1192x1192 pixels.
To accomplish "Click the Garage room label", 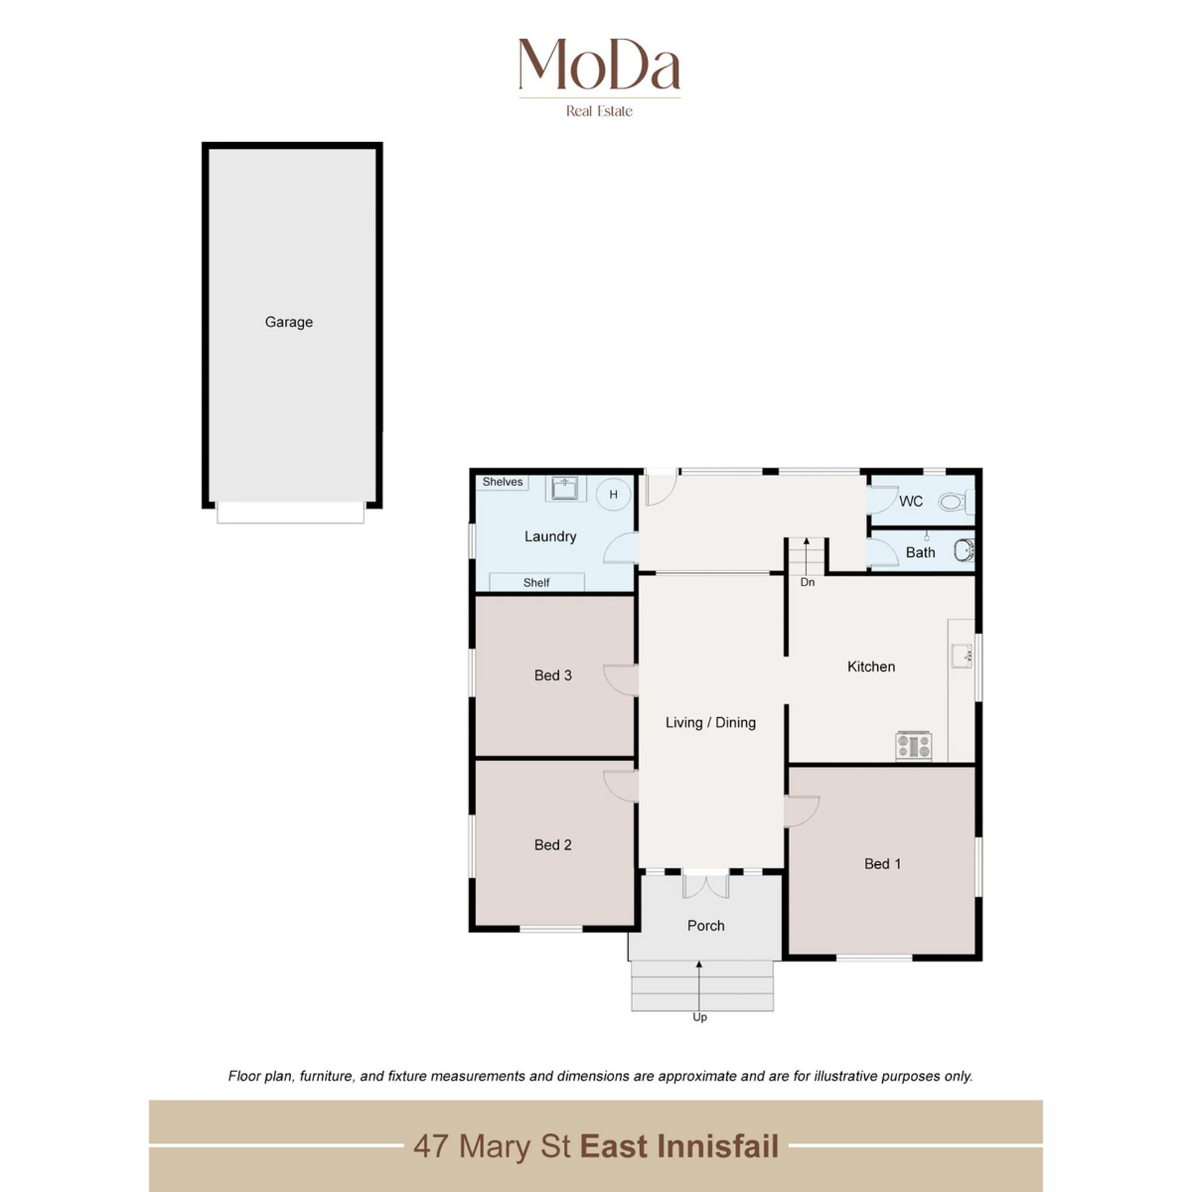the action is (x=289, y=322).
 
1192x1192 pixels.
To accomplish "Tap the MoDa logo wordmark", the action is (x=599, y=64).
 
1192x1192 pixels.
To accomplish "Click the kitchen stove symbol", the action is (x=913, y=746).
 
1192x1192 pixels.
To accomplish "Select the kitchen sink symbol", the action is (x=962, y=656).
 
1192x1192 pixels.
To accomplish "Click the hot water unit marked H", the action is (x=613, y=494).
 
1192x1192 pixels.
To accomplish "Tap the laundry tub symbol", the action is (x=565, y=488).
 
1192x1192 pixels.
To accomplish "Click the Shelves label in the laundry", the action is (x=502, y=482).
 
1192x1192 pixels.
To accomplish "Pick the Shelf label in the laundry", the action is (x=536, y=582).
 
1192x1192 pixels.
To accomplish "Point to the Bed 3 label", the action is (x=553, y=675).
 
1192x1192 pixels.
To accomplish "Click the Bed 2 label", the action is (x=553, y=845).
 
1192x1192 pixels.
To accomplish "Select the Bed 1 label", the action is (x=882, y=864).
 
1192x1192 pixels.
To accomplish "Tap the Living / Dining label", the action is (x=711, y=723).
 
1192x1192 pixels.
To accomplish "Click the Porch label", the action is (x=706, y=926).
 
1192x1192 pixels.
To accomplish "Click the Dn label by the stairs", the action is (x=807, y=582).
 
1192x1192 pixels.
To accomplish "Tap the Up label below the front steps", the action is (x=700, y=1017).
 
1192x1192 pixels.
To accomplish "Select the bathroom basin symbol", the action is (x=964, y=550).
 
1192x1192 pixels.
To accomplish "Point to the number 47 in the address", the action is (x=431, y=1147).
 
